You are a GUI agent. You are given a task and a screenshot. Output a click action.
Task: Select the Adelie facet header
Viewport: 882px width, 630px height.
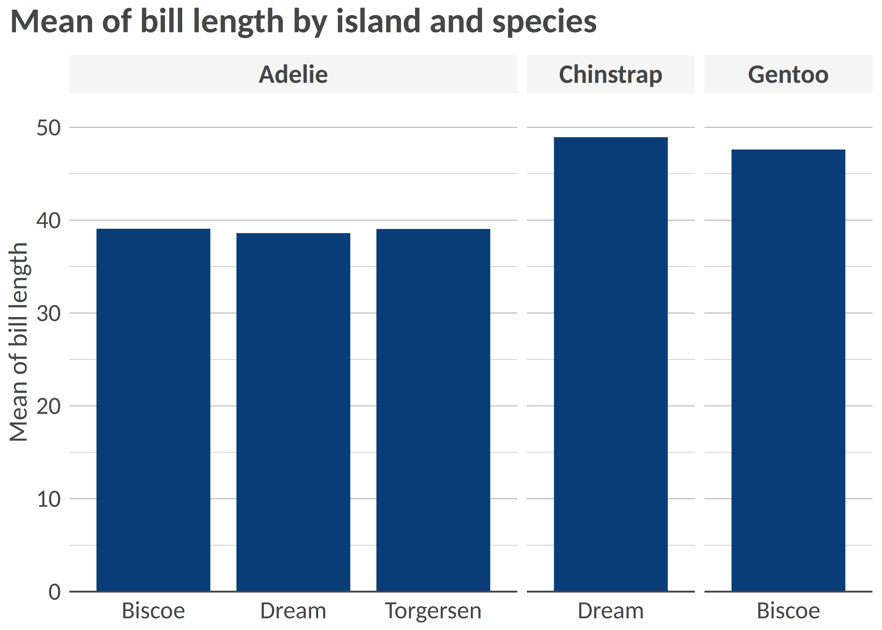coord(293,75)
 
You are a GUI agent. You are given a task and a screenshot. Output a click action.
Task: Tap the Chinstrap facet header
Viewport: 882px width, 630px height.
coord(610,75)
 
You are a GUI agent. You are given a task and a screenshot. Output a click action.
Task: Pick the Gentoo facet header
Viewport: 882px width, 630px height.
coord(788,75)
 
